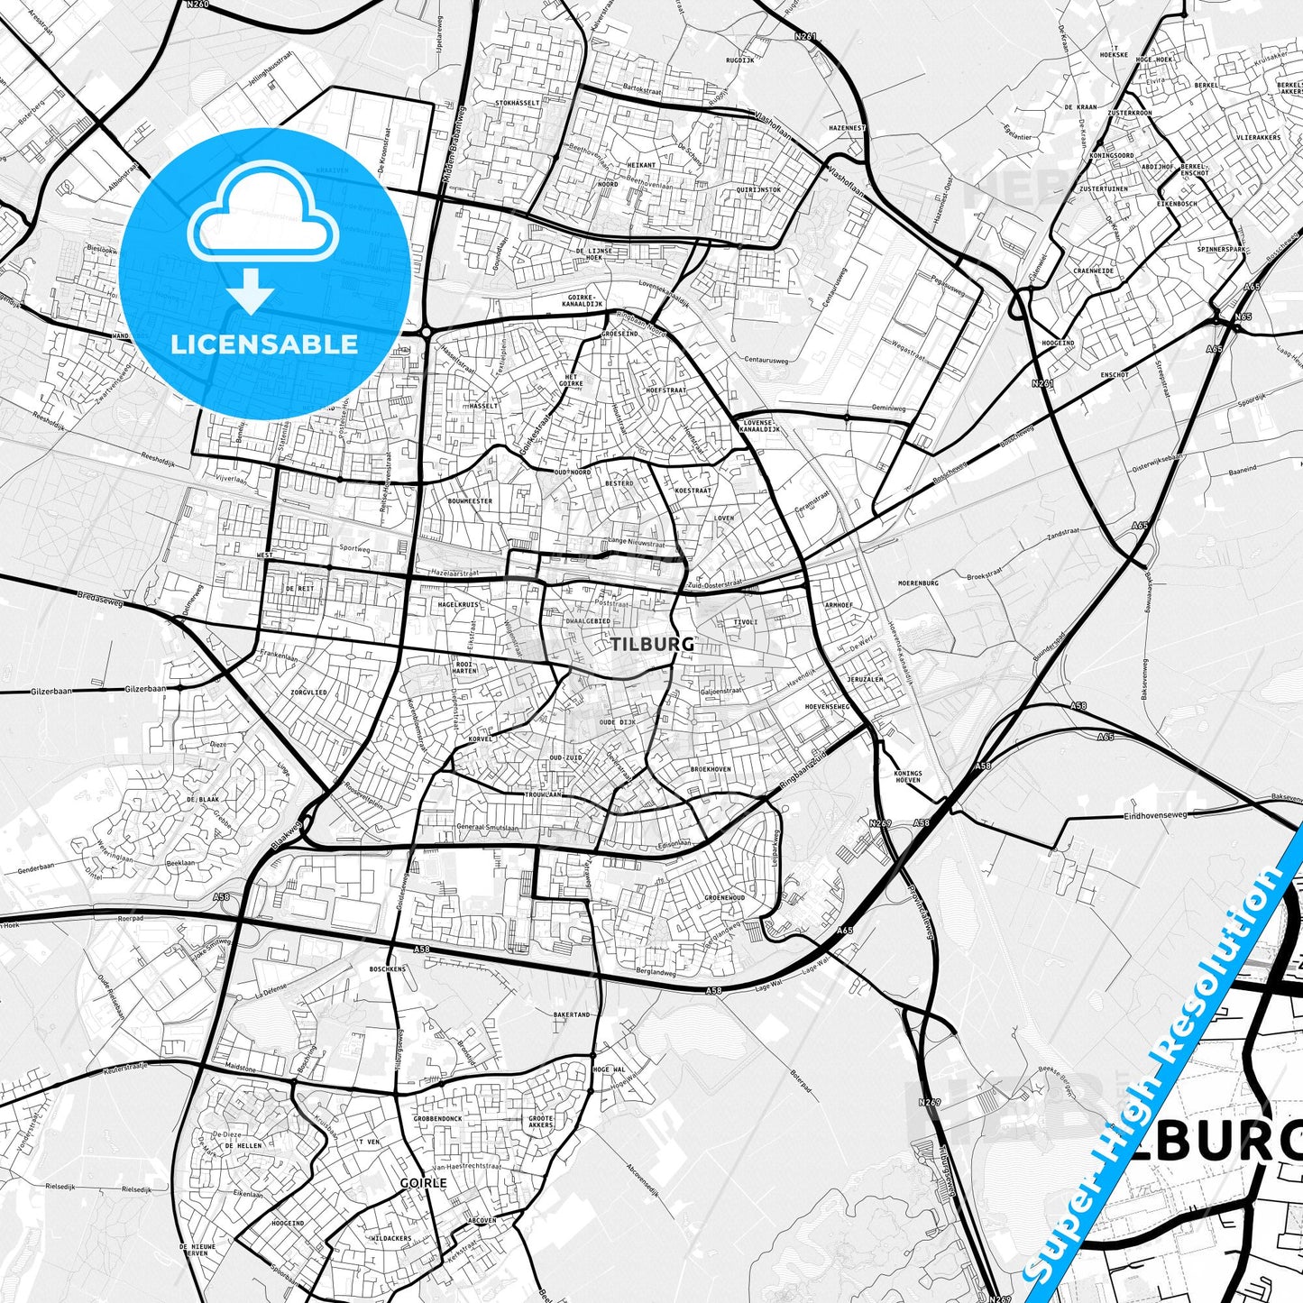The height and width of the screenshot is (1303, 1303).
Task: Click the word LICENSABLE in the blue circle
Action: [264, 344]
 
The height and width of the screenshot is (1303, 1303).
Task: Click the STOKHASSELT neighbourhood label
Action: [518, 103]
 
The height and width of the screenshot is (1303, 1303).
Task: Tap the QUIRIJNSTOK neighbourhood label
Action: [757, 189]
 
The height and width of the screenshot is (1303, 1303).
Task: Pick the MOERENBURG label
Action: [918, 583]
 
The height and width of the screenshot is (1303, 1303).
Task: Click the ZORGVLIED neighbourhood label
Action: [308, 693]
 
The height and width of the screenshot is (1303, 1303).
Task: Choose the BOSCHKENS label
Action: [388, 968]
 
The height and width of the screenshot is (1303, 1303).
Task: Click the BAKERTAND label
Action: [572, 1014]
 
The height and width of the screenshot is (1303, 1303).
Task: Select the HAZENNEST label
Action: [847, 128]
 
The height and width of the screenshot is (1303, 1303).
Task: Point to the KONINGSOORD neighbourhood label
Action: [1111, 155]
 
